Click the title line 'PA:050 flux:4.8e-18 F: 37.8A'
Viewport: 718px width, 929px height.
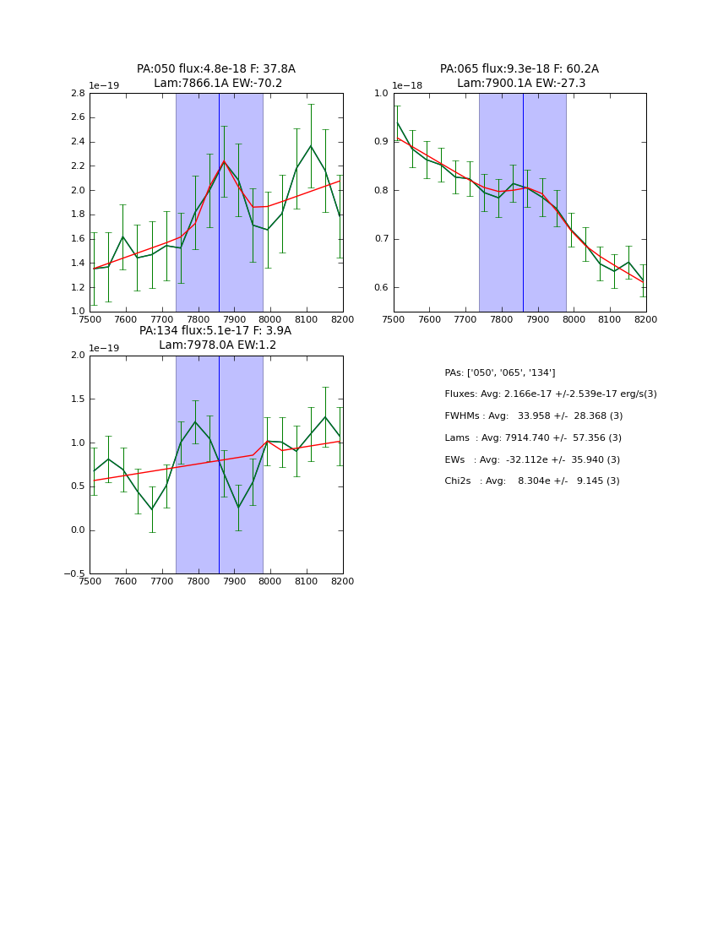216,69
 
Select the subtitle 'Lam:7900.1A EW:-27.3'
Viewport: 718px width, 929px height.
520,84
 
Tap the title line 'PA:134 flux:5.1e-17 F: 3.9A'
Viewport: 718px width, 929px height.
215,331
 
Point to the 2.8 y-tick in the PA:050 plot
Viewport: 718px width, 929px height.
78,93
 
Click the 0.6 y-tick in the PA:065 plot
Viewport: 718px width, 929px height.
381,288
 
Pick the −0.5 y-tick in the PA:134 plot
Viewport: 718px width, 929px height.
73,574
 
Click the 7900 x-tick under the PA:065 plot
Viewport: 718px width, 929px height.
537,319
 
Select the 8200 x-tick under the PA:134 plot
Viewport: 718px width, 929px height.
342,581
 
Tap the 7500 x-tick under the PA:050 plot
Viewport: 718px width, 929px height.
90,319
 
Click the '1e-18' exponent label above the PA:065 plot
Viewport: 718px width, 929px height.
408,85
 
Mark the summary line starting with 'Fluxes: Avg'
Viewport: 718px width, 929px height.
550,394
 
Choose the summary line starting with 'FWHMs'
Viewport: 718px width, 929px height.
533,416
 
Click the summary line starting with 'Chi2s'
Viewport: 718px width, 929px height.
531,481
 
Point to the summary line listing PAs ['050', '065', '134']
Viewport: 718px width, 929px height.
499,373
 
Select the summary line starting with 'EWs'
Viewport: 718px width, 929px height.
531,459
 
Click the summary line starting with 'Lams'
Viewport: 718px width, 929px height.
532,438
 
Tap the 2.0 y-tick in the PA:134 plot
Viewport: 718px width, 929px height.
78,356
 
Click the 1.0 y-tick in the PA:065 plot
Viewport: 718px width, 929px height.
381,93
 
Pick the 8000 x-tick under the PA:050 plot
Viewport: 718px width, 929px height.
270,319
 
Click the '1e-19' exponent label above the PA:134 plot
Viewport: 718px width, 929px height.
104,348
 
